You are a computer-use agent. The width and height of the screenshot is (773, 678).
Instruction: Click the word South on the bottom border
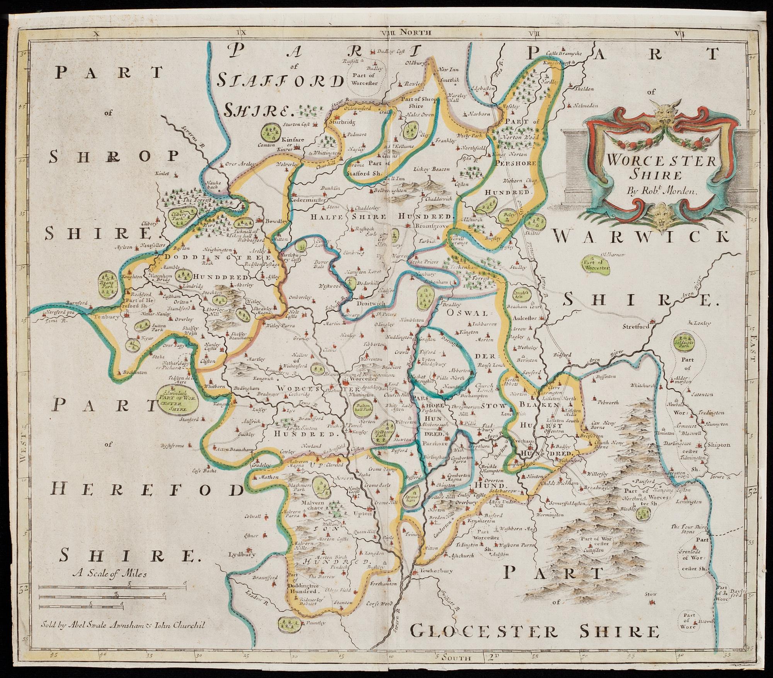click(458, 657)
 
